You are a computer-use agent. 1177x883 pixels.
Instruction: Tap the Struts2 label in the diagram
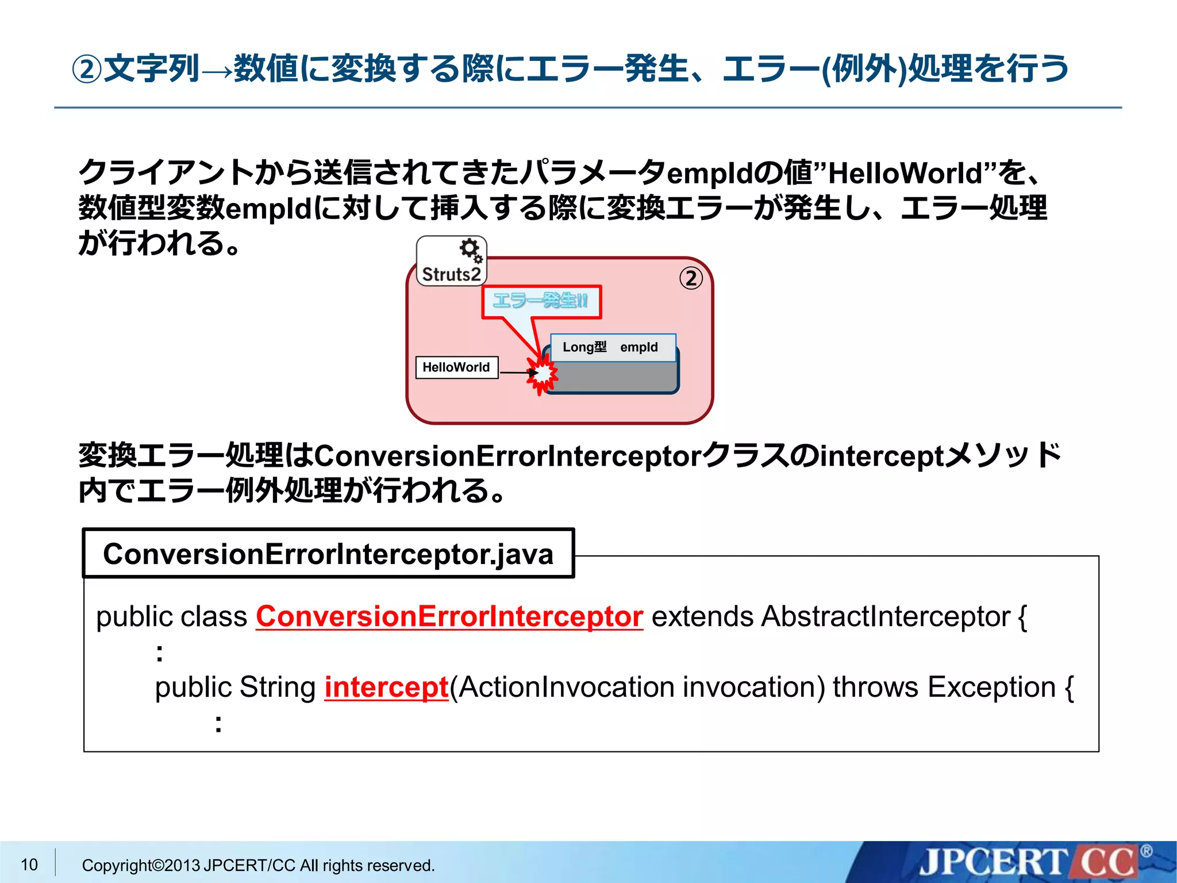pyautogui.click(x=451, y=274)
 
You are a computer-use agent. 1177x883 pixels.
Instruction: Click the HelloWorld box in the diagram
pyautogui.click(x=456, y=367)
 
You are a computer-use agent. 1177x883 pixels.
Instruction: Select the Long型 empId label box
pyautogui.click(x=613, y=347)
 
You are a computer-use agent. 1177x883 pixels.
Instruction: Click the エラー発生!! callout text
pyautogui.click(x=541, y=301)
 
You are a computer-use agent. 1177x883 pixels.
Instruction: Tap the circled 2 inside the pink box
pyautogui.click(x=691, y=278)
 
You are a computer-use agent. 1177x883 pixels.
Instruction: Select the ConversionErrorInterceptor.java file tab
pyautogui.click(x=328, y=554)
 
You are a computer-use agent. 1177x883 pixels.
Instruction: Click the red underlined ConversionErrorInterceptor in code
pyautogui.click(x=449, y=616)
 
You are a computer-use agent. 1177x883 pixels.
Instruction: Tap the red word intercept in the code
pyautogui.click(x=386, y=687)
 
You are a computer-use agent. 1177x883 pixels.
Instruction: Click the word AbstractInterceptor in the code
pyautogui.click(x=886, y=616)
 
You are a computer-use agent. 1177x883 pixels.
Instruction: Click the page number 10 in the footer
pyautogui.click(x=29, y=864)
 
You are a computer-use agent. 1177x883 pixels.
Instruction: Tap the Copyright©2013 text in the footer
pyautogui.click(x=141, y=865)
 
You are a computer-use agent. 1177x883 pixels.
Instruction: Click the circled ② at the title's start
pyautogui.click(x=87, y=70)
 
